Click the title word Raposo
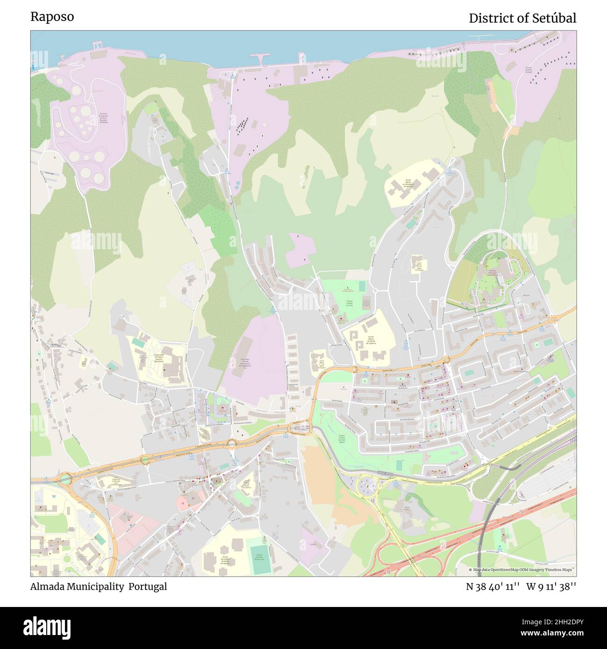[52, 17]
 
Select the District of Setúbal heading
[522, 18]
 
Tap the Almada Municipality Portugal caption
[99, 586]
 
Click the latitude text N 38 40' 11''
[493, 587]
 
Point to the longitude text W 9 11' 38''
[551, 587]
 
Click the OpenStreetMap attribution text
[522, 570]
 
